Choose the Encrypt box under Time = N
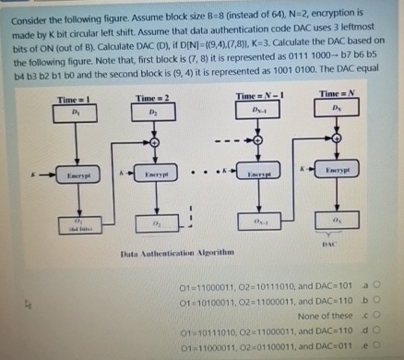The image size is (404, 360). [336, 172]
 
